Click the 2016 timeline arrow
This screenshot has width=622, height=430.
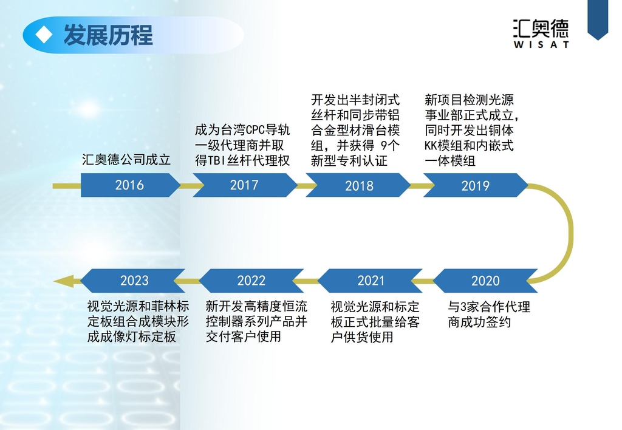[x=129, y=185]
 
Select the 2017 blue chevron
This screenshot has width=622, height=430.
[x=245, y=185]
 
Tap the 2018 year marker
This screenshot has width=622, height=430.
[x=358, y=185]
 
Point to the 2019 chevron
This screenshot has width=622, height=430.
[x=476, y=185]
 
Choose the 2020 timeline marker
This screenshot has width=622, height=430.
[x=485, y=281]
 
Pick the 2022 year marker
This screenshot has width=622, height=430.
[x=251, y=281]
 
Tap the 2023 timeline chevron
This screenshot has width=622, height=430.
[x=133, y=281]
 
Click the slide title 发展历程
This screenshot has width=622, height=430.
[x=108, y=35]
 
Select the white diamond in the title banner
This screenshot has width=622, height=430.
[x=44, y=35]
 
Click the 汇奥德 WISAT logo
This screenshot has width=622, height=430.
[x=541, y=34]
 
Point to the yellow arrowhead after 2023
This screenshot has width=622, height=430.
[x=63, y=281]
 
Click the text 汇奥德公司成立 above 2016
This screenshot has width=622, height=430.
[x=126, y=160]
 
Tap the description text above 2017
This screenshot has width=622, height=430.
[x=242, y=145]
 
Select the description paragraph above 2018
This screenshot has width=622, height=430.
[x=355, y=130]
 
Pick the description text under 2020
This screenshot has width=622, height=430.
[x=489, y=314]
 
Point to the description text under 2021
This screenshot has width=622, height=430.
[x=375, y=322]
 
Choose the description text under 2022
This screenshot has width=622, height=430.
[x=256, y=321]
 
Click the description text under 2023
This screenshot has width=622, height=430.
[x=138, y=321]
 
